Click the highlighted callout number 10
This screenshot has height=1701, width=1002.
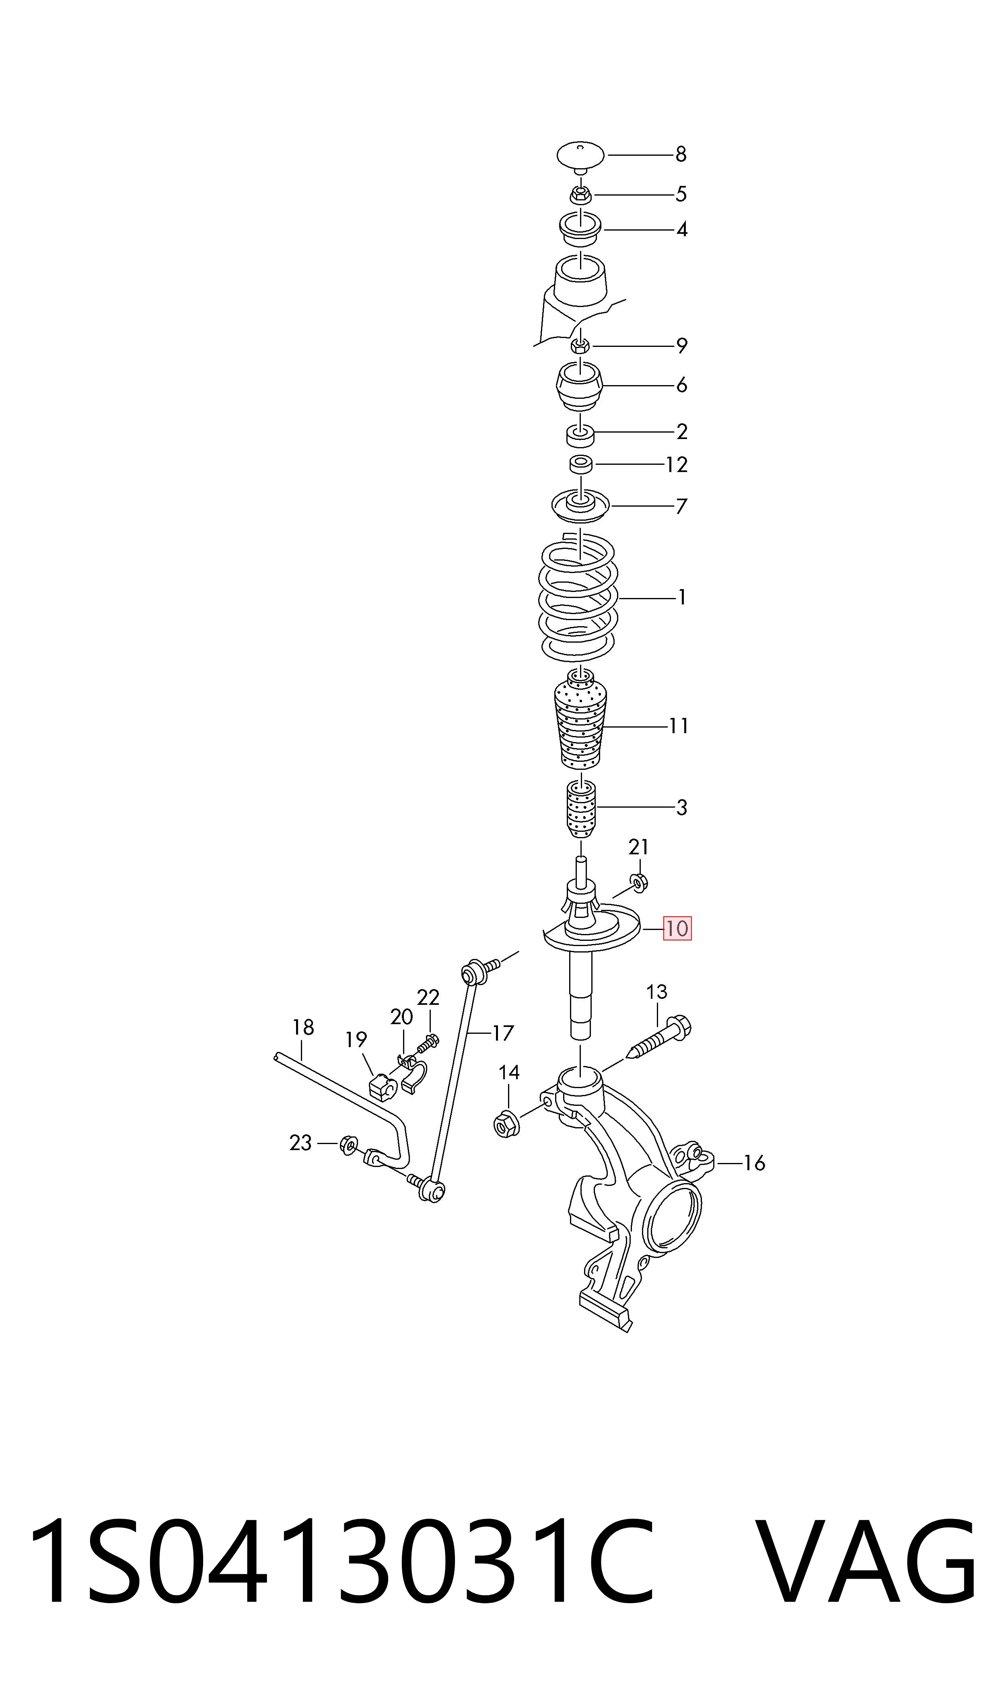coord(677,928)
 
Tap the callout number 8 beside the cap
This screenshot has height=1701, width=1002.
coord(681,155)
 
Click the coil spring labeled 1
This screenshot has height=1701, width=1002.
coord(578,596)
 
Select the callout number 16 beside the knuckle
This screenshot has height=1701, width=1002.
coord(754,1163)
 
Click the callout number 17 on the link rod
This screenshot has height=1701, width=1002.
coord(503,1033)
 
